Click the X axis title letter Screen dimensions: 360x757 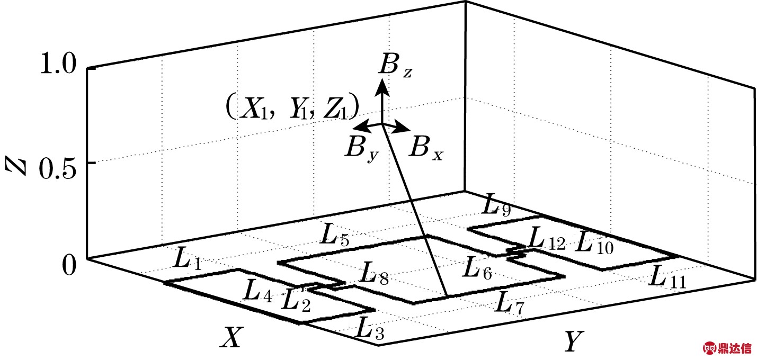click(x=232, y=337)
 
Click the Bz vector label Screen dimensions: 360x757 click(x=393, y=66)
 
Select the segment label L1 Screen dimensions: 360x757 click(x=187, y=259)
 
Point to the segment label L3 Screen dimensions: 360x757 click(x=369, y=329)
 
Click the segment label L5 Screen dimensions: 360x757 click(x=335, y=236)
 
